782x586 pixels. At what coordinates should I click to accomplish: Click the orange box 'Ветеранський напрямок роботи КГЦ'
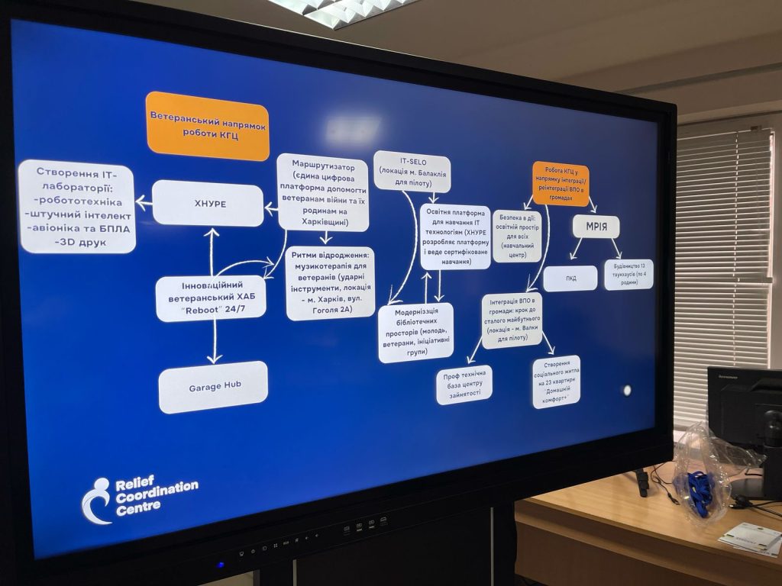pyautogui.click(x=207, y=126)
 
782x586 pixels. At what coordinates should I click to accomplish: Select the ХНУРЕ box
pyautogui.click(x=208, y=203)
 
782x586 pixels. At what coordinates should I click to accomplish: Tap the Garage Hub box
pyautogui.click(x=213, y=387)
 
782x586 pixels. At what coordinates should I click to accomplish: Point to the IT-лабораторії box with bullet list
pyautogui.click(x=76, y=207)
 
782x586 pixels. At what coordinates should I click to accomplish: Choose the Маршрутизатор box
pyautogui.click(x=322, y=192)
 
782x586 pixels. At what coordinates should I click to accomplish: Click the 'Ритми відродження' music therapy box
pyautogui.click(x=330, y=283)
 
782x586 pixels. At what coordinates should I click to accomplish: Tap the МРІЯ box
pyautogui.click(x=596, y=227)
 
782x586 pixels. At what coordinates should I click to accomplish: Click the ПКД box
pyautogui.click(x=570, y=279)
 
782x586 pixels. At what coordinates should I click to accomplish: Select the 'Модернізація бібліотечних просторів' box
pyautogui.click(x=415, y=333)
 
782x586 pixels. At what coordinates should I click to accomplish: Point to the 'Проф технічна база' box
pyautogui.click(x=464, y=385)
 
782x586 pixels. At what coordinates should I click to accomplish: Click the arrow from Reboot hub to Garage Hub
pyautogui.click(x=215, y=342)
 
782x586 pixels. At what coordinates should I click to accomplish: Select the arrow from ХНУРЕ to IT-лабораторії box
pyautogui.click(x=144, y=203)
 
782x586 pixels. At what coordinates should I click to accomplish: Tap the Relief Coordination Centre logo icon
pyautogui.click(x=97, y=501)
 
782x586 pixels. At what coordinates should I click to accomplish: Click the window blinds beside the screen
pyautogui.click(x=722, y=252)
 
